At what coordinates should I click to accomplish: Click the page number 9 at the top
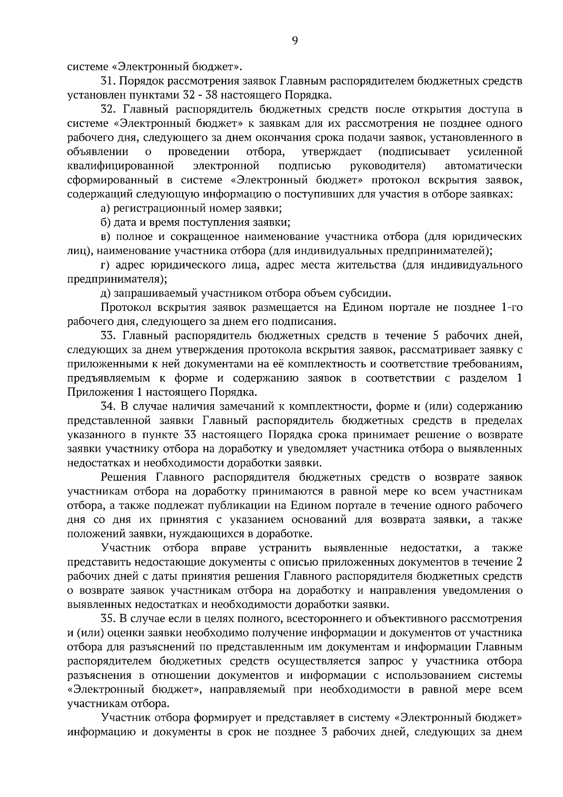tap(295, 41)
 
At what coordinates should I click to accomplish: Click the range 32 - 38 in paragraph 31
tap(199, 95)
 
